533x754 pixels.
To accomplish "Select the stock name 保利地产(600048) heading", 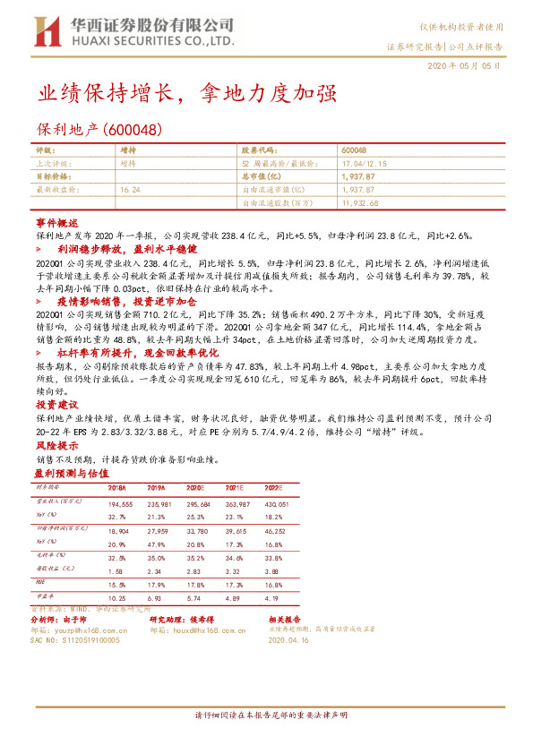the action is click(98, 129).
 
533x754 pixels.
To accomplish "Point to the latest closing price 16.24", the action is click(130, 190).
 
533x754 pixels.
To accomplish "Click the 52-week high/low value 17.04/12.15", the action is click(365, 164).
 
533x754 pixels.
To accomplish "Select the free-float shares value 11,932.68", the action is click(361, 203).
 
